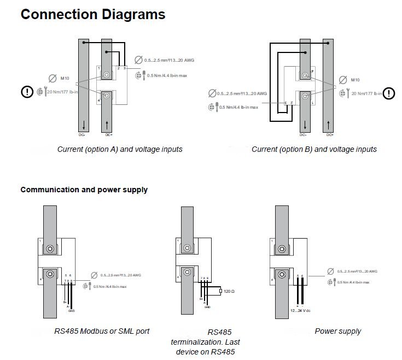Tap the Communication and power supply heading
(x=84, y=190)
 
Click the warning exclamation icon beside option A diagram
(x=27, y=92)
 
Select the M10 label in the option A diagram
(x=65, y=80)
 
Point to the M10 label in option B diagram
(x=356, y=80)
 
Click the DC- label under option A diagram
(x=82, y=134)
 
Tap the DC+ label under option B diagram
(x=329, y=134)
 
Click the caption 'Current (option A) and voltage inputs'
(x=120, y=149)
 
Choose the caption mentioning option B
(x=314, y=149)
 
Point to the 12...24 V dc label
(x=300, y=311)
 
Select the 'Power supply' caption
(x=337, y=331)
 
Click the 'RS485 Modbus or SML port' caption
(x=102, y=331)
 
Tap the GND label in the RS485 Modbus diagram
(x=72, y=311)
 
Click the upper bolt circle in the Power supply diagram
(x=283, y=249)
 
